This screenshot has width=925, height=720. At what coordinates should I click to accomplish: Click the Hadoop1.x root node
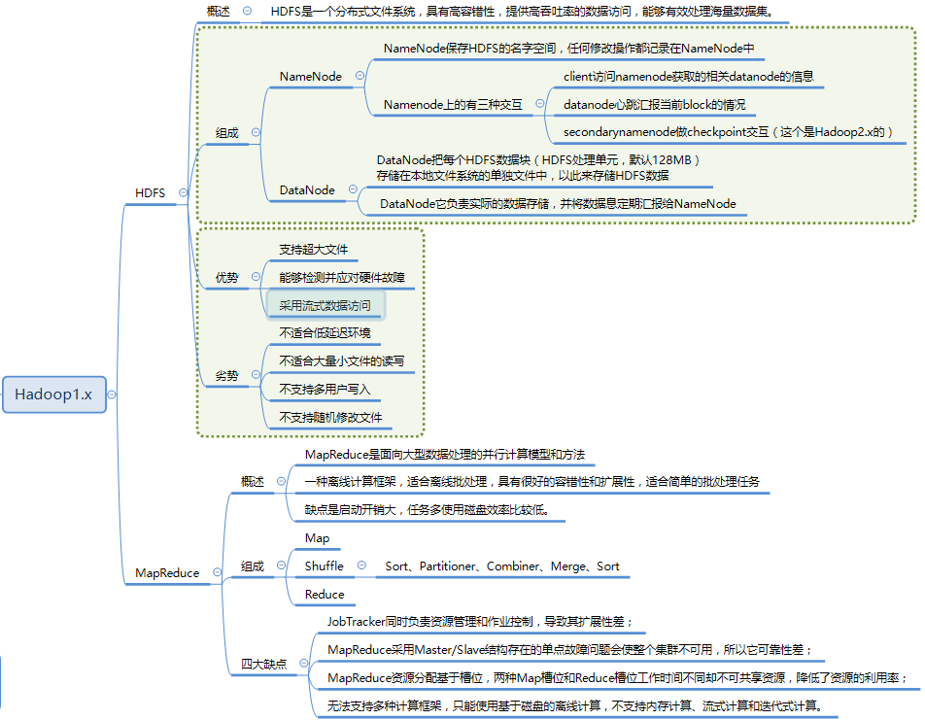[x=53, y=394]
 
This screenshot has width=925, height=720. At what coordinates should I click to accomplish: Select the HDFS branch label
[x=150, y=193]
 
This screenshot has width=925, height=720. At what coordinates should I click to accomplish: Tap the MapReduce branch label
[x=167, y=573]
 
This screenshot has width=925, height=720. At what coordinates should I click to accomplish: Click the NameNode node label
[x=310, y=76]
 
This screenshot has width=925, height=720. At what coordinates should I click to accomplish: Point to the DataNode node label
[x=307, y=190]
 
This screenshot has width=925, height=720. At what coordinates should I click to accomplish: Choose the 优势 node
[x=226, y=278]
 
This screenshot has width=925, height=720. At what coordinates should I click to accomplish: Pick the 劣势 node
[x=226, y=375]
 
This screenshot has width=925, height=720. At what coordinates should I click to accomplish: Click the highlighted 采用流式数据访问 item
[x=325, y=305]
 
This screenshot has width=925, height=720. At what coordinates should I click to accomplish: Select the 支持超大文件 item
[x=313, y=250]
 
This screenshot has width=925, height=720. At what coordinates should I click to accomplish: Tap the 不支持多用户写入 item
[x=325, y=389]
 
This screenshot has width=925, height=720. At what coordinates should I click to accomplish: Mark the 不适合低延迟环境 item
[x=325, y=333]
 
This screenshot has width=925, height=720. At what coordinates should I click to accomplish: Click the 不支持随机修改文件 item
[x=330, y=418]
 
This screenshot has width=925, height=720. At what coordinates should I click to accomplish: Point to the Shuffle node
[x=324, y=566]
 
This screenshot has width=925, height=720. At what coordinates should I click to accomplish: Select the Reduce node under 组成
[x=325, y=594]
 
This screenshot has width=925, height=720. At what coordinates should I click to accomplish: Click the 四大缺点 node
[x=264, y=665]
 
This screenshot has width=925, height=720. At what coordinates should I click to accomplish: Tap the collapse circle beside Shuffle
[x=361, y=565]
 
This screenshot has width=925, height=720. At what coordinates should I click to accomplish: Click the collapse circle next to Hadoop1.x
[x=112, y=394]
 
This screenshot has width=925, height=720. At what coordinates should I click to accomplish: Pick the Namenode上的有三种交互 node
[x=453, y=105]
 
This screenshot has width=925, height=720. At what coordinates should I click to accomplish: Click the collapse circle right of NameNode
[x=360, y=75]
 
